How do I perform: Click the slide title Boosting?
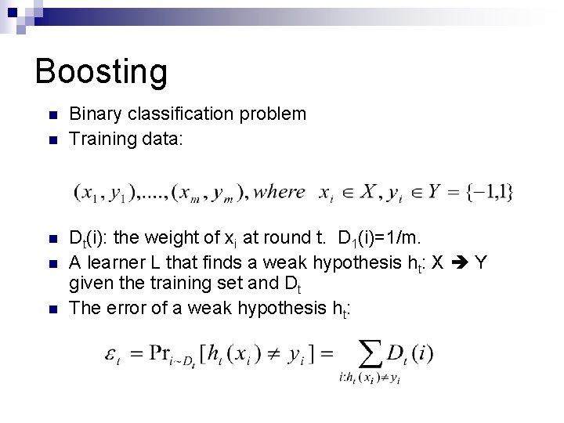[101, 71]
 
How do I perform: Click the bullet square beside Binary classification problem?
[52, 116]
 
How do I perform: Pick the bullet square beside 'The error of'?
[52, 309]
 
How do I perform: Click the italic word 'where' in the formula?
[280, 192]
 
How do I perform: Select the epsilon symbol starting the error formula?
[110, 355]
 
